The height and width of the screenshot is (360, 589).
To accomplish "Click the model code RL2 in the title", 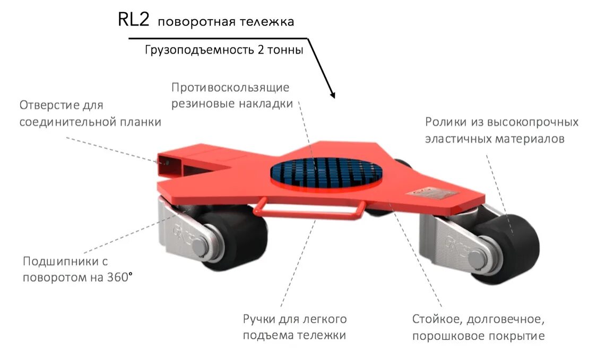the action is [x=134, y=20].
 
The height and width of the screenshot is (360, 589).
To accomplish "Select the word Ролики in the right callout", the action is [x=445, y=122].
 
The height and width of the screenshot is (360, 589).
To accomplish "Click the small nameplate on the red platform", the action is [x=431, y=191].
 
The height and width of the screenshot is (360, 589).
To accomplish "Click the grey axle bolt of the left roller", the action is [x=201, y=245].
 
